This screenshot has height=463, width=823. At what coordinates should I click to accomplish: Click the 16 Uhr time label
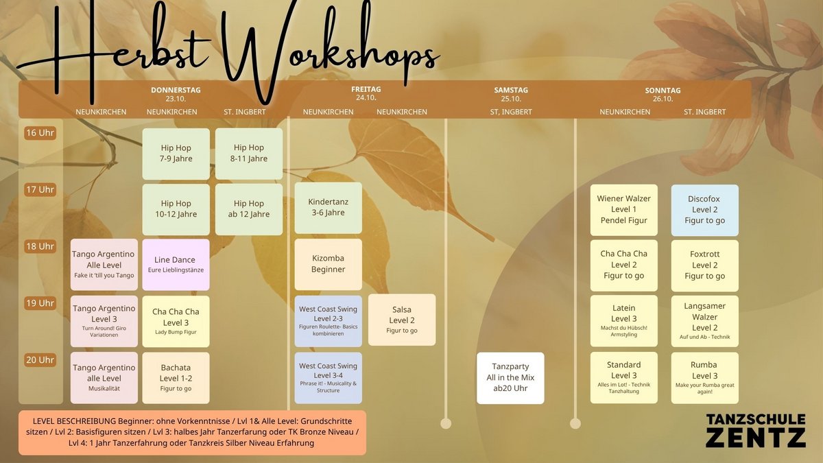click(40, 133)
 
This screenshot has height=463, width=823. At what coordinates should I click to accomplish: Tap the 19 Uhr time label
click(40, 303)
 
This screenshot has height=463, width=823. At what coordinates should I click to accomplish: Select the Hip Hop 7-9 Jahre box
click(176, 154)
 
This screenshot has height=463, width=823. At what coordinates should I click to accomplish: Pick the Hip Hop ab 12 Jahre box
click(249, 209)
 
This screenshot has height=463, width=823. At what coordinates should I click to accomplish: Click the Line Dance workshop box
click(176, 265)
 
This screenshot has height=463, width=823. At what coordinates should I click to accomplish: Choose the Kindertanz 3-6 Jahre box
click(328, 208)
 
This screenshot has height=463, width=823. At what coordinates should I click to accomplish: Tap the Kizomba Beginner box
click(328, 264)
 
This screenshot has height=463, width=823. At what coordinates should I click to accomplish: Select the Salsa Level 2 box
click(402, 320)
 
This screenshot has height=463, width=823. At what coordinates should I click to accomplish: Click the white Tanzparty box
click(510, 378)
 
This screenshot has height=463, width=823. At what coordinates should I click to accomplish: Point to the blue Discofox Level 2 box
click(705, 210)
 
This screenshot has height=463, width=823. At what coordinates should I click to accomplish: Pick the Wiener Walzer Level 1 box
click(624, 210)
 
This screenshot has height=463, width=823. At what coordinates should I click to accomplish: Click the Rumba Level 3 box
click(705, 378)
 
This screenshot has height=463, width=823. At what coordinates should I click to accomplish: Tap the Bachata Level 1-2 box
click(176, 378)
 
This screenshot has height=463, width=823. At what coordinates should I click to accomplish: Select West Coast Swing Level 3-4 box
click(328, 378)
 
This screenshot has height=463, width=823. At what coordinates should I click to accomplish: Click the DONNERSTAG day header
click(176, 90)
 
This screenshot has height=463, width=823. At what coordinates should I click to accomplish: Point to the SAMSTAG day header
click(511, 90)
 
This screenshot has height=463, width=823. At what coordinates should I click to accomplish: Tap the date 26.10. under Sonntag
click(663, 99)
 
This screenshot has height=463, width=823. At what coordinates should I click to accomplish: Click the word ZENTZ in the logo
click(756, 438)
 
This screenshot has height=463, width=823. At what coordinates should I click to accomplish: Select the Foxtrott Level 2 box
click(705, 265)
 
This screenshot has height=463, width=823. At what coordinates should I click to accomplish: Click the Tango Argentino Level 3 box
click(104, 321)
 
